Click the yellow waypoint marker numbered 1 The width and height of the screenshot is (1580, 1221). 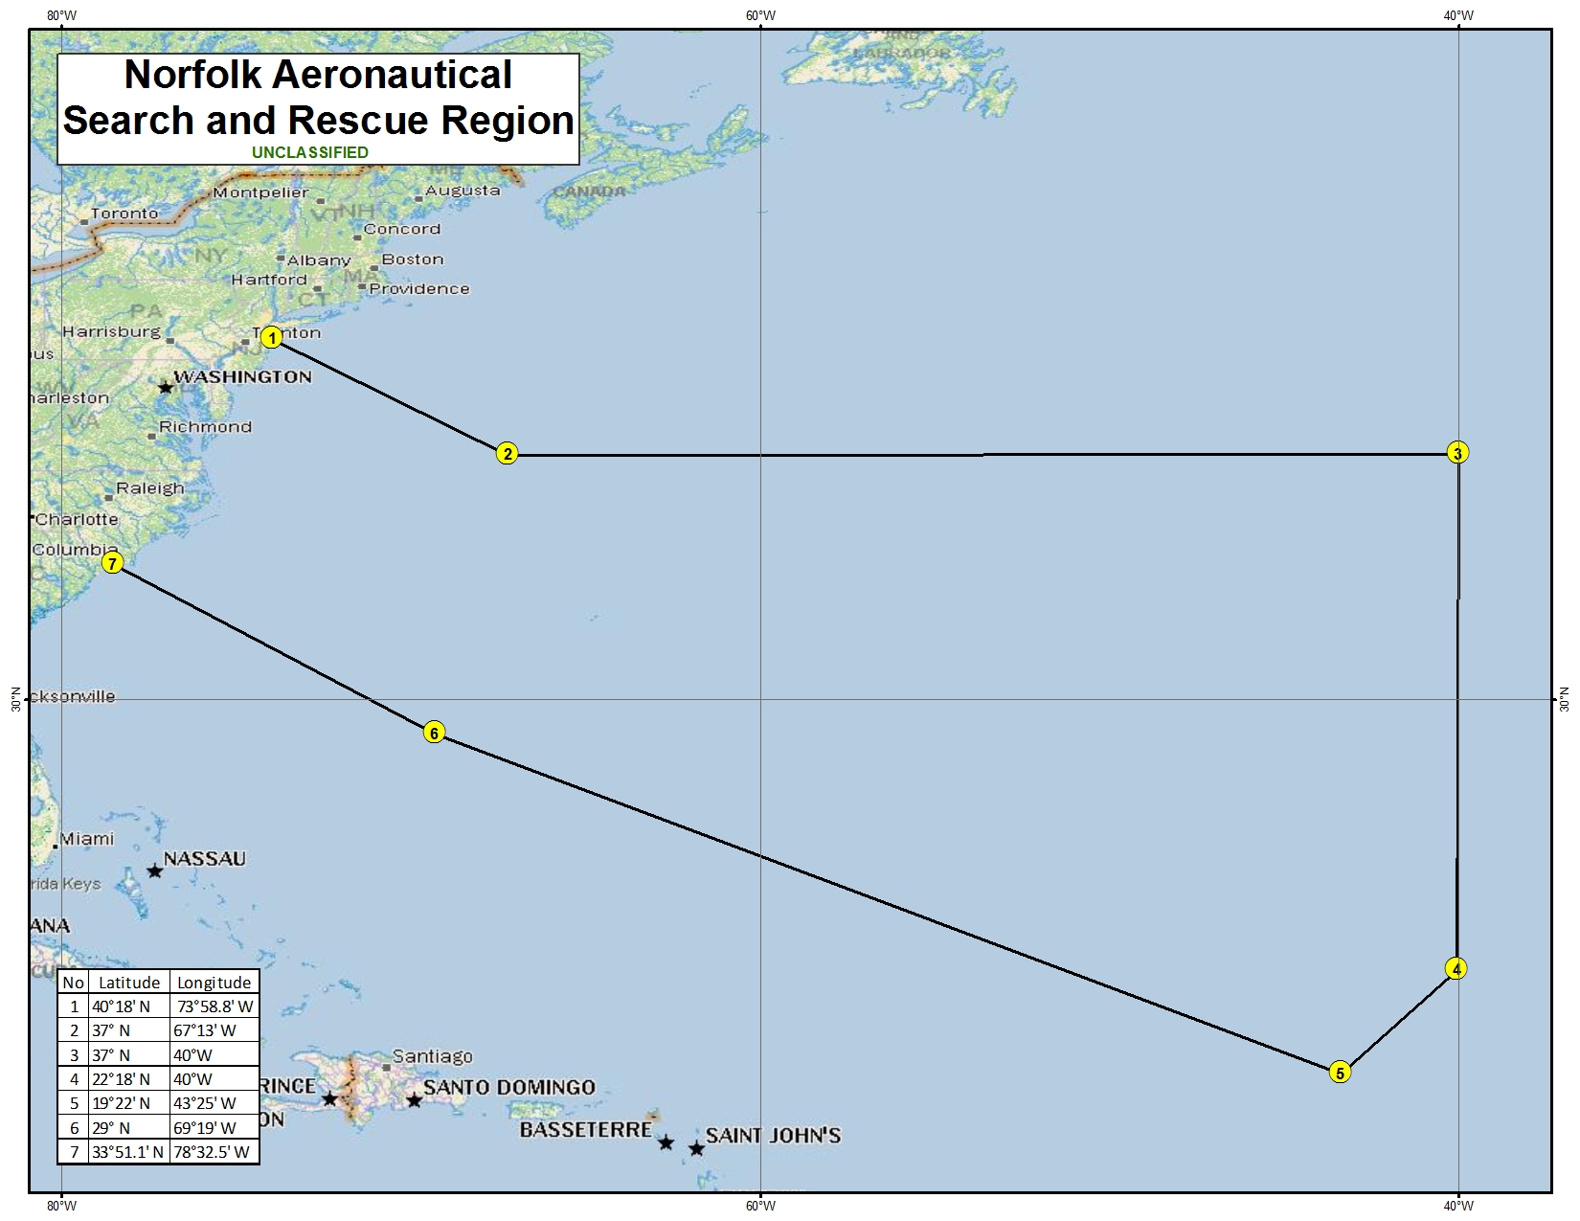272,337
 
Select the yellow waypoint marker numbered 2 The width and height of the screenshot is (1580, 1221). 507,454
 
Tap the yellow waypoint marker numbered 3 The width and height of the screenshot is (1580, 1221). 1457,453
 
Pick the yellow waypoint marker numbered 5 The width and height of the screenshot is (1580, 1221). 1340,1073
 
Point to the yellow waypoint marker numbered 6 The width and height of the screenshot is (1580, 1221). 434,734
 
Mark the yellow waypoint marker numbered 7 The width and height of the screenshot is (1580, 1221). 113,563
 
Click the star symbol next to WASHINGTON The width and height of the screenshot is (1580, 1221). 166,388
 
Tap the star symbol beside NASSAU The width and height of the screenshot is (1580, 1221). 154,871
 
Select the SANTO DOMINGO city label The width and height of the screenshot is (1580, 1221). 508,1087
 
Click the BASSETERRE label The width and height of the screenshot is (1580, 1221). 585,1130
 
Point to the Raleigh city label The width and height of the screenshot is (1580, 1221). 149,488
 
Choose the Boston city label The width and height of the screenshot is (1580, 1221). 413,259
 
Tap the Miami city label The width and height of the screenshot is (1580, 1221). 87,839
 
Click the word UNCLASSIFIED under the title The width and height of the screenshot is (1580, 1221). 310,152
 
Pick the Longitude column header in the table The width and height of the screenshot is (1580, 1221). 214,983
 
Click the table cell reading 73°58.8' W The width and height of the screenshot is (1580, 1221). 214,1006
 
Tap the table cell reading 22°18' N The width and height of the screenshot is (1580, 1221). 121,1078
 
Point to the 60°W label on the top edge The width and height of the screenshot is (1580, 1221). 760,15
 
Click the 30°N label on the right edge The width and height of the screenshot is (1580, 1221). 1565,699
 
